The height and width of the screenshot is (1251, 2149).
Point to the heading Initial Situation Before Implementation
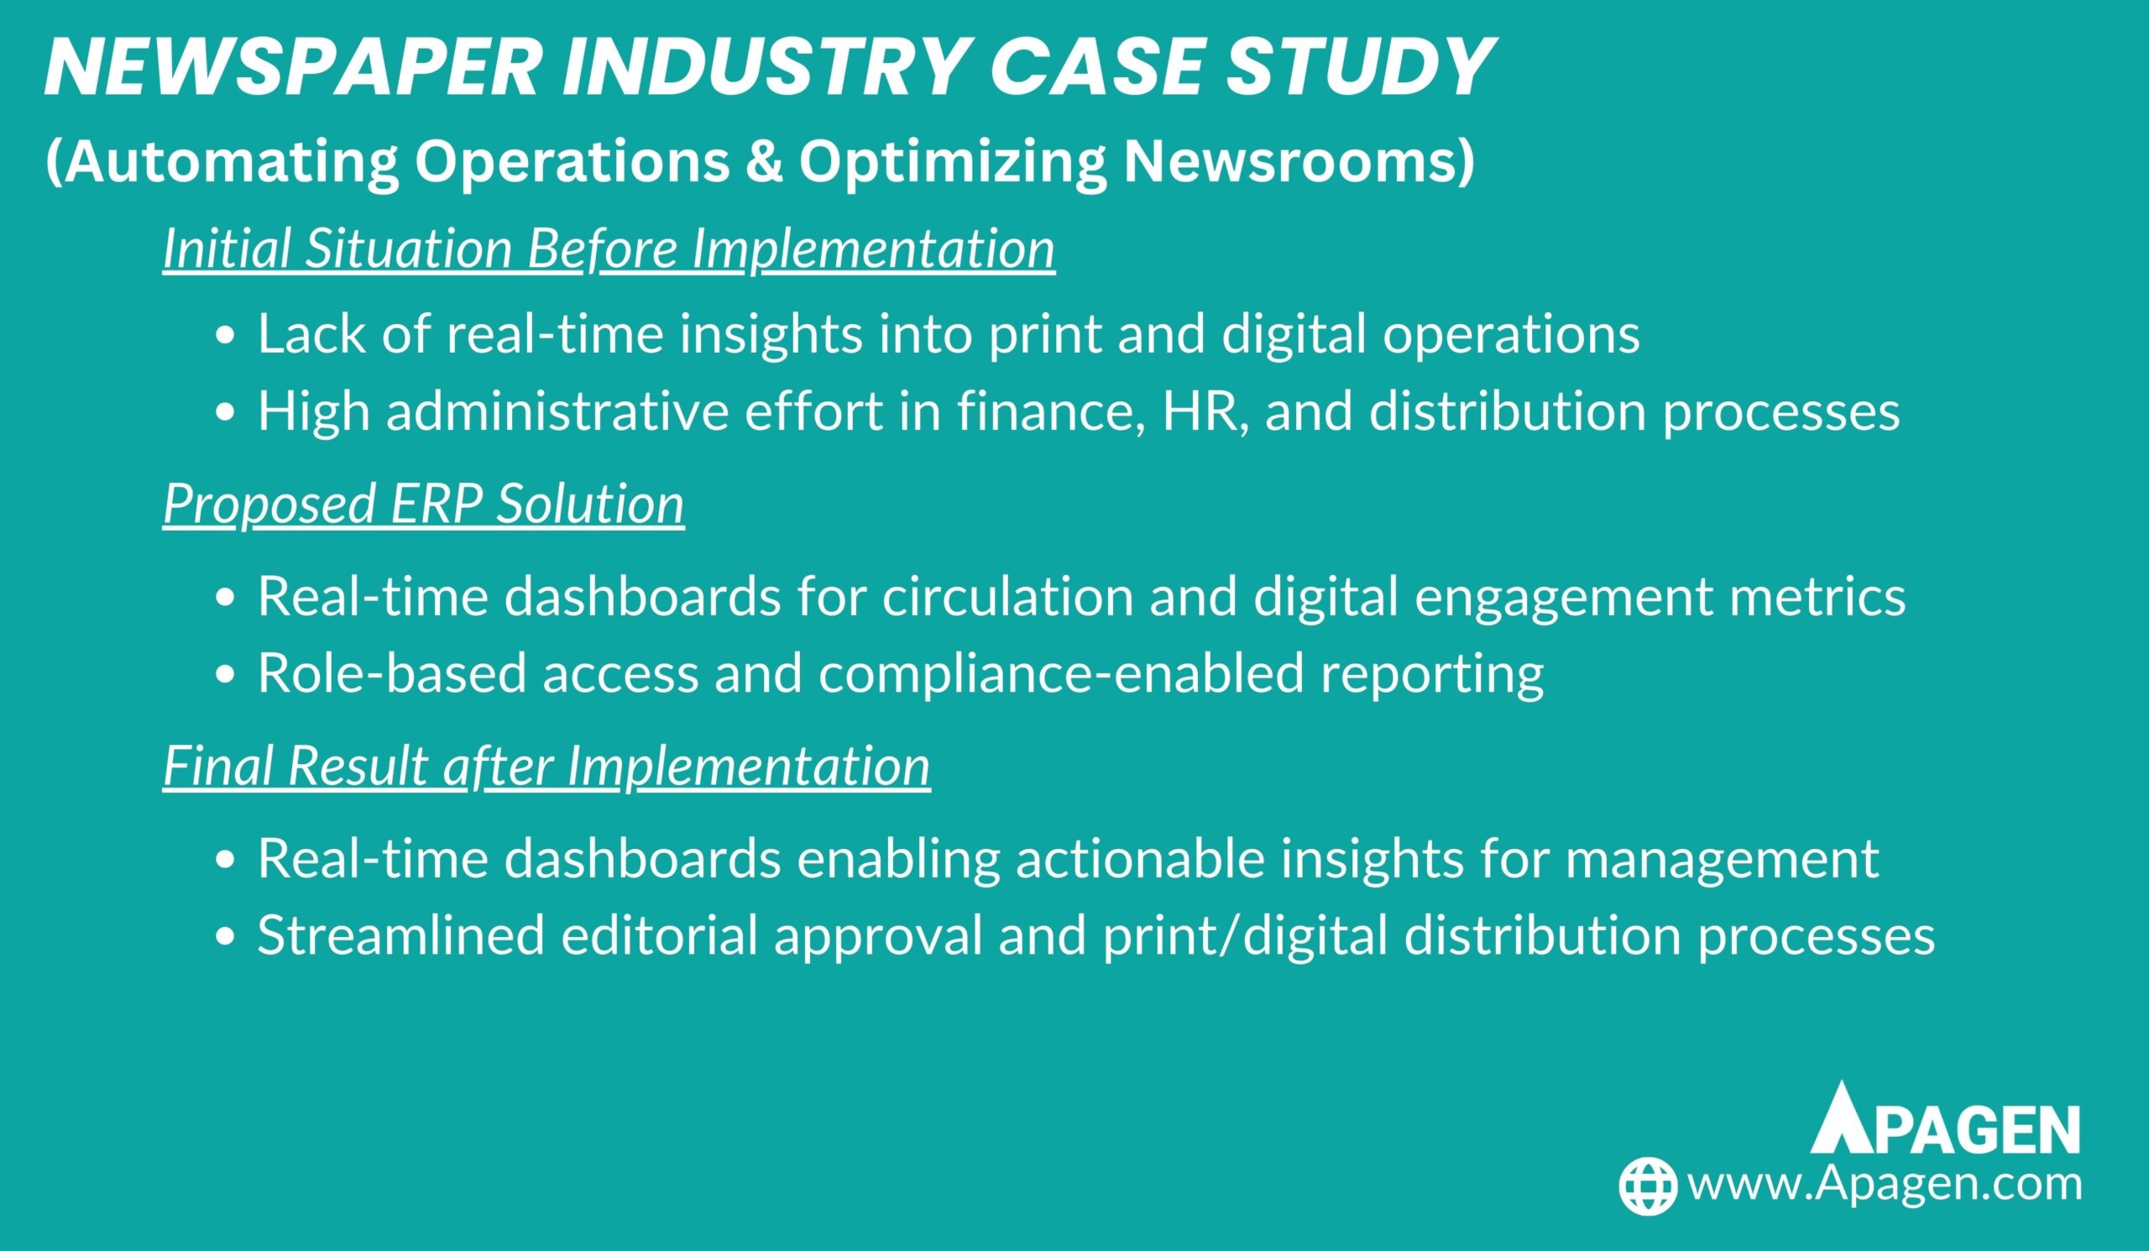pos(609,249)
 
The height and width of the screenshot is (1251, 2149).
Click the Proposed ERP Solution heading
pos(424,503)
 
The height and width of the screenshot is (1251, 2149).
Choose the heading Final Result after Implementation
pos(546,765)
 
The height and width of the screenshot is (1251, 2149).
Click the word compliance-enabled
pos(1062,673)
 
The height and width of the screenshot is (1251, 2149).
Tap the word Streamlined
pos(400,934)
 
